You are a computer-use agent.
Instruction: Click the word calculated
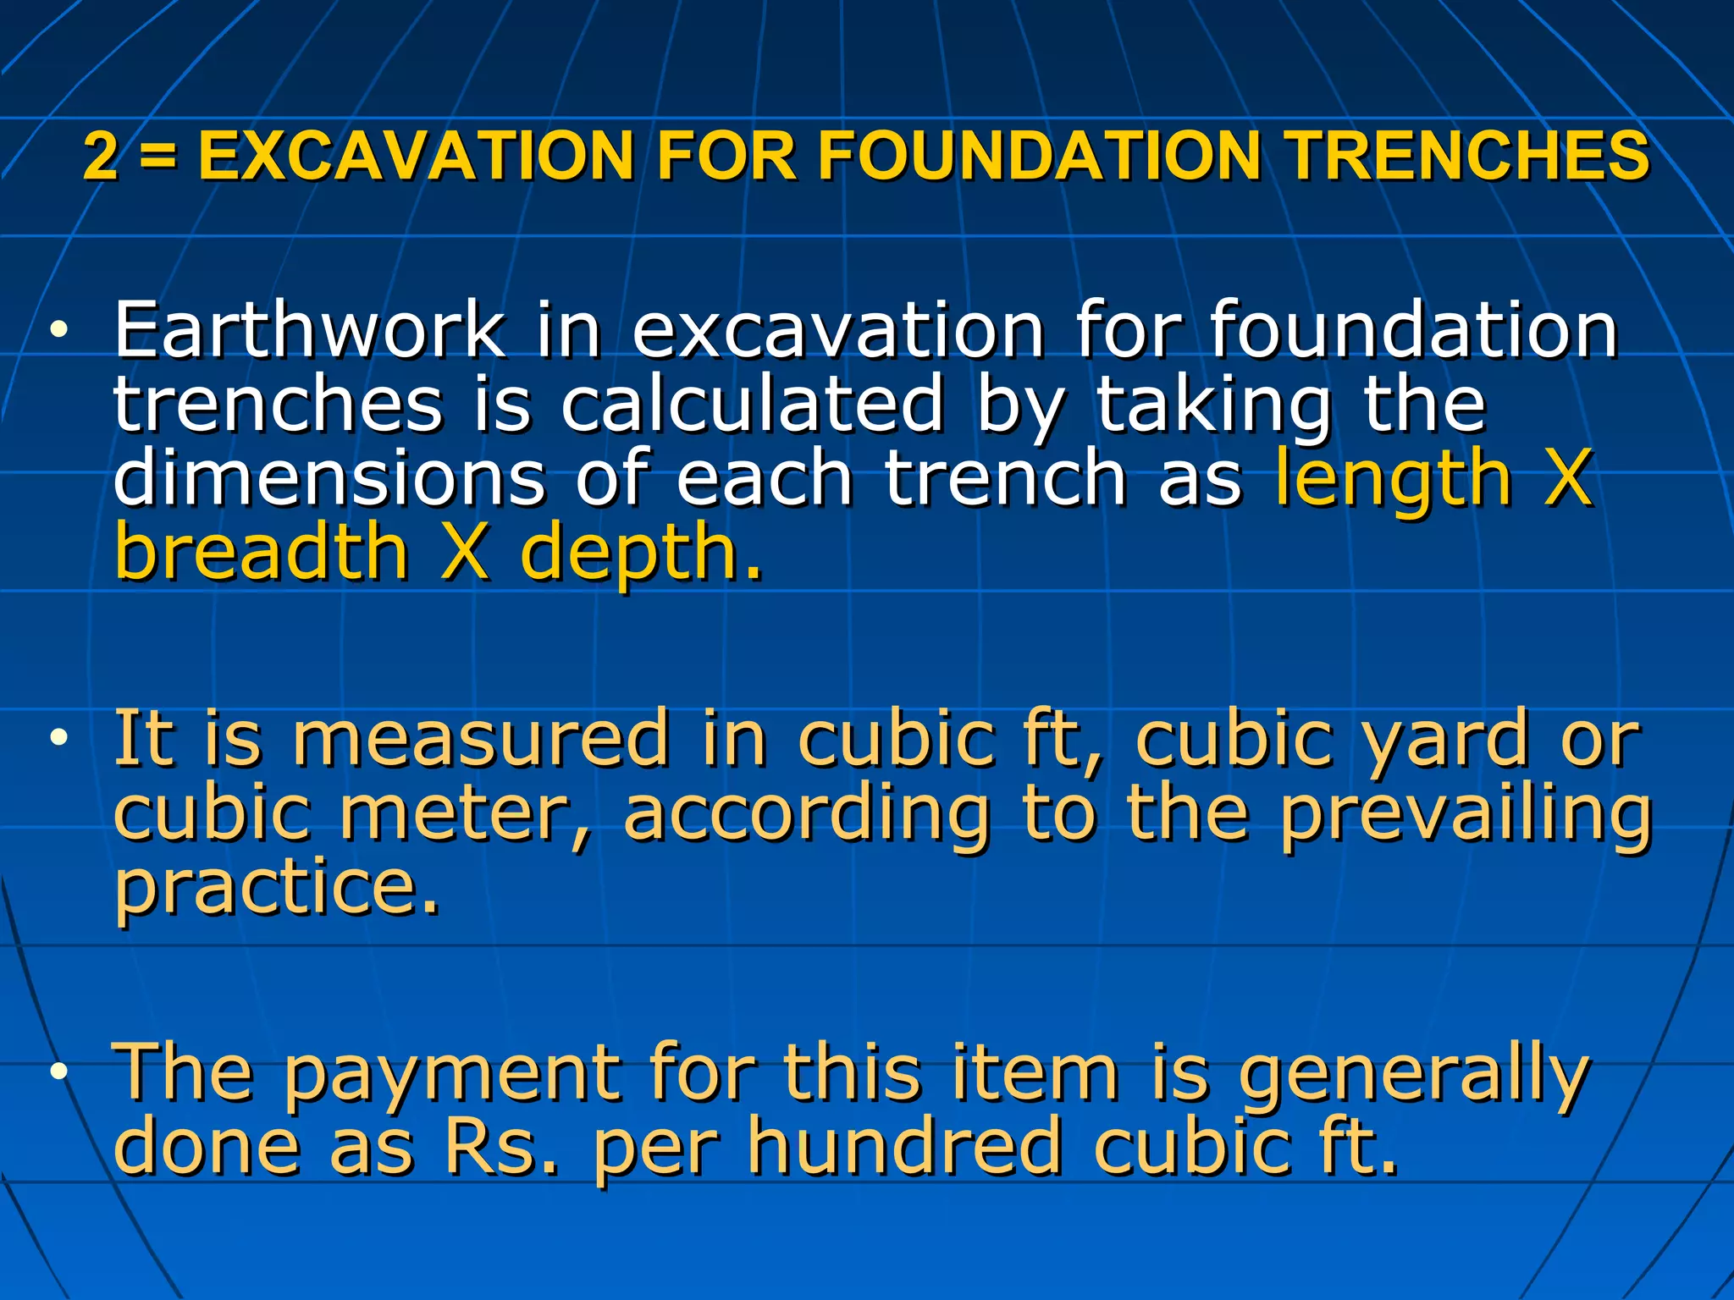point(752,404)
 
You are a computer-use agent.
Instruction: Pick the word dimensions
point(329,478)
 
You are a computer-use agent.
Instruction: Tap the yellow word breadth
point(262,552)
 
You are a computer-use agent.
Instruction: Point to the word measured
point(481,738)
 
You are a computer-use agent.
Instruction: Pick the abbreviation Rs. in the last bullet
point(500,1147)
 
